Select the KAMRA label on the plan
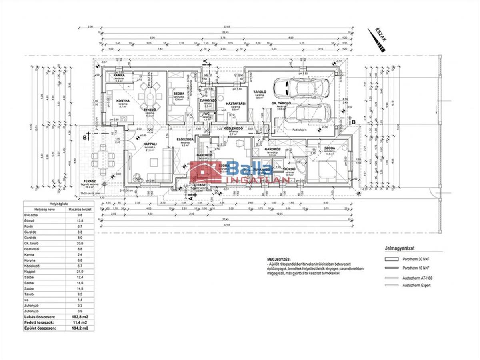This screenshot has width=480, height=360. [118, 75]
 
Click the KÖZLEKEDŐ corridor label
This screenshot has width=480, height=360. [233, 129]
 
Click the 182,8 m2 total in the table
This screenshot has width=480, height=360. [80, 316]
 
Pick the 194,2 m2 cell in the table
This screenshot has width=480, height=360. [80, 328]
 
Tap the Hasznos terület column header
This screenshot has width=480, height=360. [80, 209]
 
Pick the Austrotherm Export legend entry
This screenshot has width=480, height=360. [416, 285]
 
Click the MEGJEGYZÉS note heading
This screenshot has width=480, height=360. [279, 260]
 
